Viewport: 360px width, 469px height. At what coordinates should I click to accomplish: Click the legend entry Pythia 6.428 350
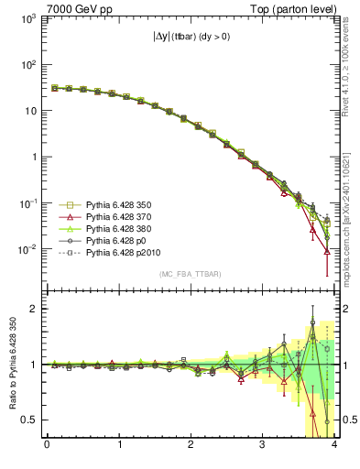(x=119, y=205)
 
